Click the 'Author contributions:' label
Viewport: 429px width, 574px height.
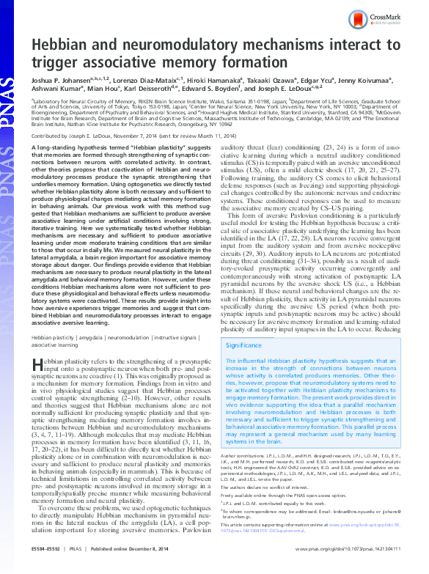click(x=243, y=455)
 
